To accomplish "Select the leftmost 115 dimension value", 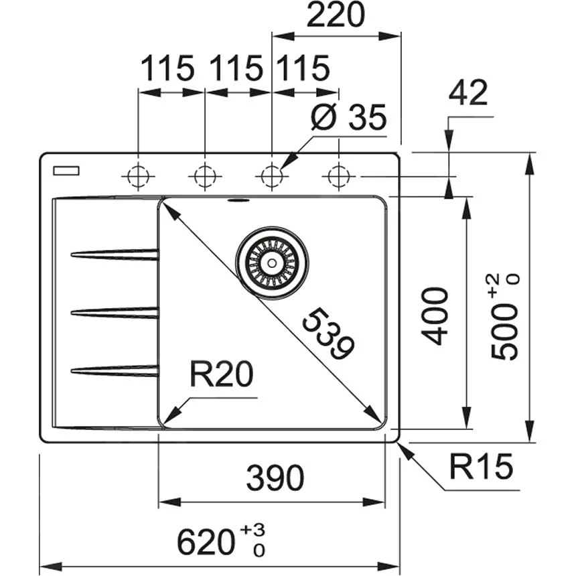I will click(x=167, y=68).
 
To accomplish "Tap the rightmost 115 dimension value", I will click(x=302, y=68).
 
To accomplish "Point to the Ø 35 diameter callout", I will click(x=348, y=119).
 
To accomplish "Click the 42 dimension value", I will click(x=468, y=94).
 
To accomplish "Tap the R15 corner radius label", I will click(x=480, y=467).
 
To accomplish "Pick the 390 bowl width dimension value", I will click(x=275, y=478).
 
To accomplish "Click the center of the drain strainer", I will click(x=272, y=263).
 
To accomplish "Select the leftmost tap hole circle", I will click(x=138, y=177).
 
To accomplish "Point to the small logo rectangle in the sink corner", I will click(x=66, y=170).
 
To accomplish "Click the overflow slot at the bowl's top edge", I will click(x=238, y=199).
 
